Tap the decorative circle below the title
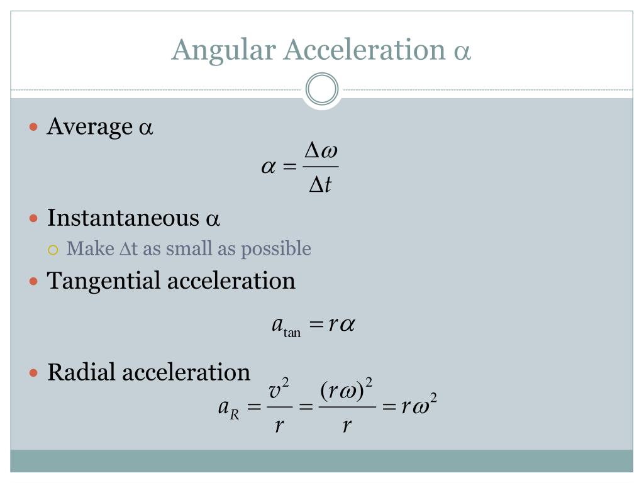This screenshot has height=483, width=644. [x=322, y=89]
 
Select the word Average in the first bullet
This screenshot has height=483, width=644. [x=89, y=127]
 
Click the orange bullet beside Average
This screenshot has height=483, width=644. [x=35, y=127]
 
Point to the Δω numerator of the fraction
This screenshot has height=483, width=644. [x=321, y=151]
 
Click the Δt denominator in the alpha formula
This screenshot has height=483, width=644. [x=320, y=185]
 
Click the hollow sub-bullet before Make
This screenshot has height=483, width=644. [x=53, y=250]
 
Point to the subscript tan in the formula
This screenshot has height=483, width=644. [x=292, y=333]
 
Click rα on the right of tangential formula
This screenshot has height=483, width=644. [x=342, y=325]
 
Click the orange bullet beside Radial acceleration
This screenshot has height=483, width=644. [x=35, y=373]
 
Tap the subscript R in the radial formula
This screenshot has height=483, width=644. [x=235, y=414]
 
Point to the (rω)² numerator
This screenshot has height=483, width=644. [x=347, y=391]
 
